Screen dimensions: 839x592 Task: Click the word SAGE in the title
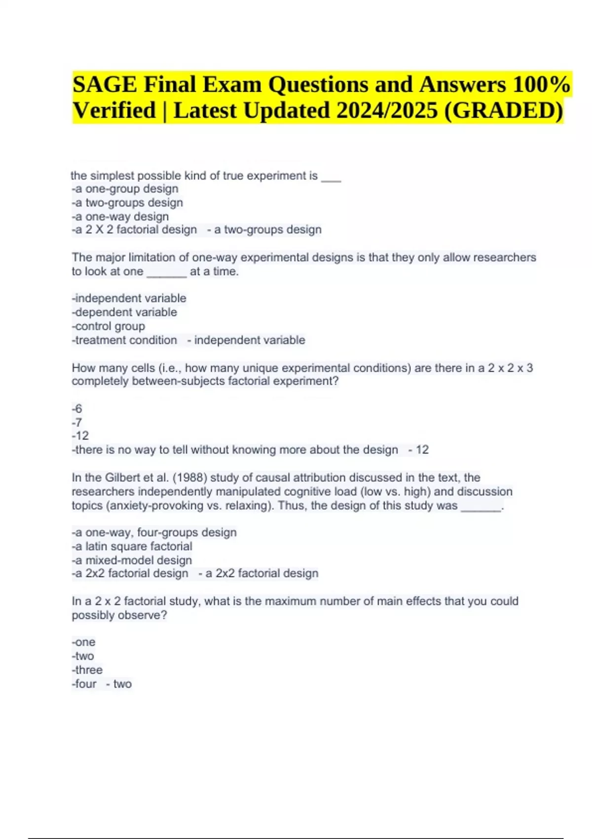[x=105, y=85]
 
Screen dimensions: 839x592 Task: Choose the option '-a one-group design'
[x=125, y=189]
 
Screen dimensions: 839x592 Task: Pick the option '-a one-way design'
[x=120, y=217]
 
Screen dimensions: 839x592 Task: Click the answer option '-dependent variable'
[x=124, y=312]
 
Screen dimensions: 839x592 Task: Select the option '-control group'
[x=109, y=326]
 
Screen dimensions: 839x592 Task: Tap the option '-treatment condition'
[x=124, y=340]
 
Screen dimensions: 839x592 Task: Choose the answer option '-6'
[x=77, y=409]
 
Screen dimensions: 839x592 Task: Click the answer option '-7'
[x=77, y=422]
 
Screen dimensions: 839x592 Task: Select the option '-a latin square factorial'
[x=132, y=546]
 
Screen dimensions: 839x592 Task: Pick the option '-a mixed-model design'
[x=132, y=560]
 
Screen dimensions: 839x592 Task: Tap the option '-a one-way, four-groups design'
[x=154, y=533]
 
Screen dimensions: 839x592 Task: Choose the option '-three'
[x=87, y=670]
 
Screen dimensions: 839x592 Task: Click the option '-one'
[x=83, y=642]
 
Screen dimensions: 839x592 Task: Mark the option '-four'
[x=84, y=684]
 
